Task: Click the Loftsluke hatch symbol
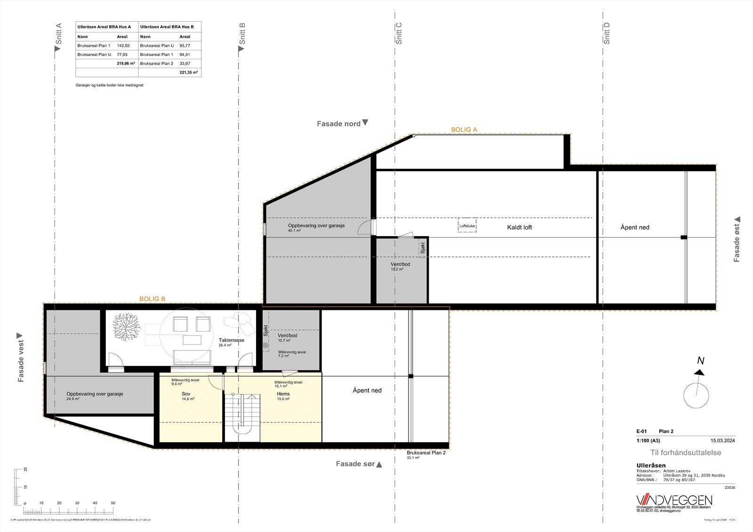467,226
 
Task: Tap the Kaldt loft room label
519,227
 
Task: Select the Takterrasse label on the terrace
231,340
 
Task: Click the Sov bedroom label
185,394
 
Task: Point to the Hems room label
283,394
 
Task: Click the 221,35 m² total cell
188,72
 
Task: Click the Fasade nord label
339,124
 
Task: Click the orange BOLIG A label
464,129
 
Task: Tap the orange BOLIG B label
152,299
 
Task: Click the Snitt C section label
399,33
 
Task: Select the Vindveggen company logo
674,500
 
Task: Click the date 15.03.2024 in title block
722,441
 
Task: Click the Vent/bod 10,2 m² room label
400,264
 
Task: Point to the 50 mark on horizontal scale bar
113,503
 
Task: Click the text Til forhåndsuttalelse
685,453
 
